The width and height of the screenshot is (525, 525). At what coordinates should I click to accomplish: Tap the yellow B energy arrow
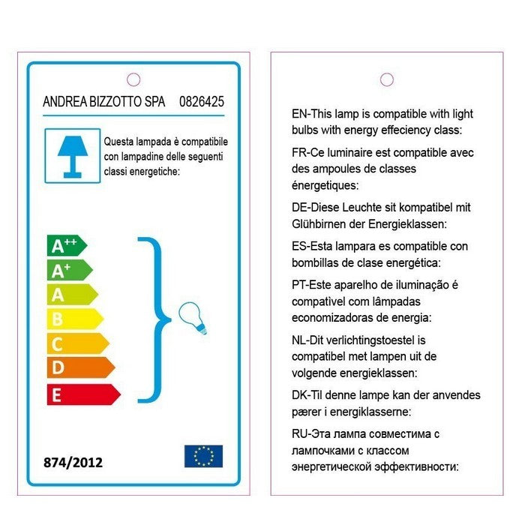73,319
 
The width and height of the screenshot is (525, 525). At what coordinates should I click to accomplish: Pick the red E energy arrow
82,394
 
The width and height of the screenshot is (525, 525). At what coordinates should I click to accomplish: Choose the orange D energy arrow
79,368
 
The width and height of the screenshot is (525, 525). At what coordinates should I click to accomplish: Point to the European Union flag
203,456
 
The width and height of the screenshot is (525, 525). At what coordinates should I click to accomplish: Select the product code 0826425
202,101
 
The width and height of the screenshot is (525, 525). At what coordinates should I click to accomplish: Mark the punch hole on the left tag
134,79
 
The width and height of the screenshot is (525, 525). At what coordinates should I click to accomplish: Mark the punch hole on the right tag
387,79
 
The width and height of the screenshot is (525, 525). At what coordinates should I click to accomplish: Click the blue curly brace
154,319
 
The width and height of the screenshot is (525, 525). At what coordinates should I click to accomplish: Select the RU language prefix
299,434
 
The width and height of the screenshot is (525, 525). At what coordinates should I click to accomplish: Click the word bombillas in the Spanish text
316,262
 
